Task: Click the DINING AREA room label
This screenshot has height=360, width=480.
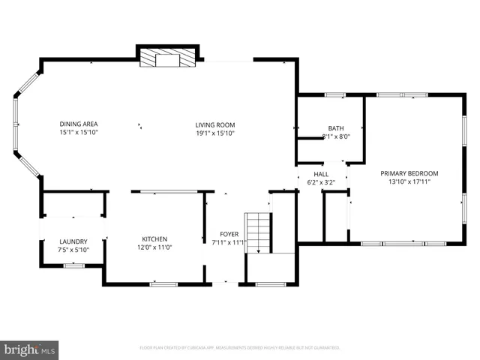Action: [x=79, y=124]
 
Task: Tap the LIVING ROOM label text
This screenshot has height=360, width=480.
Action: [x=215, y=124]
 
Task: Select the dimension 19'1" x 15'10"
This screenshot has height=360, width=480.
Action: [x=215, y=133]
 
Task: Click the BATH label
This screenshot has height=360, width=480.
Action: [x=335, y=128]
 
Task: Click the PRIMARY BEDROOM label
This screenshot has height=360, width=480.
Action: [x=409, y=173]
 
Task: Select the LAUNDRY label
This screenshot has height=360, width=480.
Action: [x=73, y=241]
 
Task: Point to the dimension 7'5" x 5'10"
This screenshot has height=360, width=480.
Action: [x=73, y=250]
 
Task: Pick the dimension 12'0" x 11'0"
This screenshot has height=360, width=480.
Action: [x=154, y=247]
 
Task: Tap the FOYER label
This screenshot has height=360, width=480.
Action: [x=229, y=234]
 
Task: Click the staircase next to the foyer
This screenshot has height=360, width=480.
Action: [x=259, y=232]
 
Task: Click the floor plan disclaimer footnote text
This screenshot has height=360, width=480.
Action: [x=240, y=348]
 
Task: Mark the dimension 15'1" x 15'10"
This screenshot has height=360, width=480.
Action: [x=79, y=133]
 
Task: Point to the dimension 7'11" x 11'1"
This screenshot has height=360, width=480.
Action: [x=229, y=243]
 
